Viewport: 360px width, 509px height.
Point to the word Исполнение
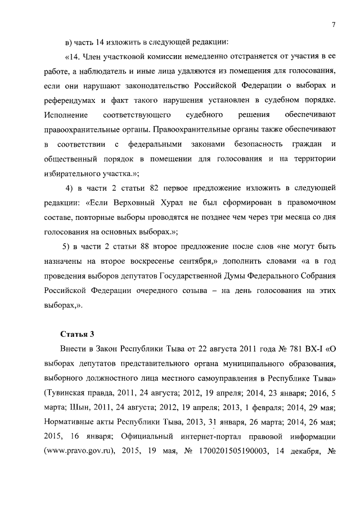pyautogui.click(x=65, y=115)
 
